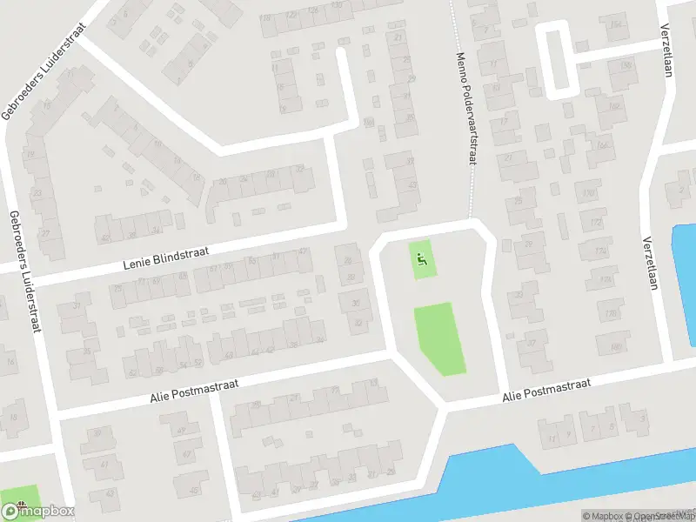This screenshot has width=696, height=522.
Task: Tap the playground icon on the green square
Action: pyautogui.click(x=422, y=257)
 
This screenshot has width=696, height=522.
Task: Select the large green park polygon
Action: pyautogui.click(x=443, y=338)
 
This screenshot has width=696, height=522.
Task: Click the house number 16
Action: pyautogui.click(x=10, y=361)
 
